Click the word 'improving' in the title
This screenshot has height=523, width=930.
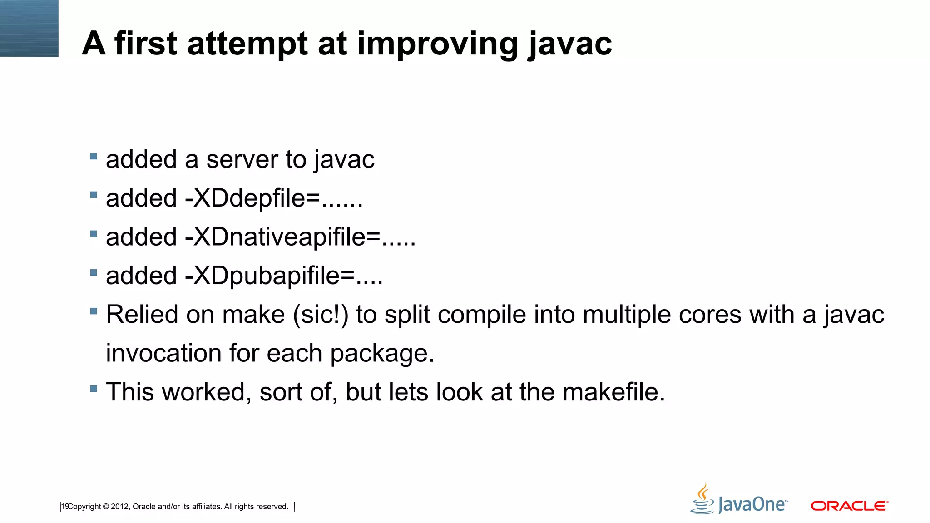pyautogui.click(x=437, y=44)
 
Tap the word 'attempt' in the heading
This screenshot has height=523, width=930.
pyautogui.click(x=247, y=44)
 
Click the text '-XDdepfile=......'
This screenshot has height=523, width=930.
pyautogui.click(x=274, y=198)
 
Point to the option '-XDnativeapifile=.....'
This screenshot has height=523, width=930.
pyautogui.click(x=300, y=237)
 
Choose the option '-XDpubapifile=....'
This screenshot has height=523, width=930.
pyautogui.click(x=284, y=276)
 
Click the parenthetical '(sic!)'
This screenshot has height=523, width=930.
pyautogui.click(x=321, y=314)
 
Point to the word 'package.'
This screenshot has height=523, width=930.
pyautogui.click(x=382, y=353)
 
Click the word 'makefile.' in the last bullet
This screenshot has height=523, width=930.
pyautogui.click(x=614, y=392)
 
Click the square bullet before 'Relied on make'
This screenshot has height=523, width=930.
pyautogui.click(x=94, y=311)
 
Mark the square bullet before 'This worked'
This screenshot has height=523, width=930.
pyautogui.click(x=94, y=389)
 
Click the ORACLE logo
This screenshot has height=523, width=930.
pyautogui.click(x=849, y=506)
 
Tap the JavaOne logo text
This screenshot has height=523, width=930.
pyautogui.click(x=752, y=505)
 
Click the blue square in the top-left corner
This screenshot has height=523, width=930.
pyautogui.click(x=29, y=28)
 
